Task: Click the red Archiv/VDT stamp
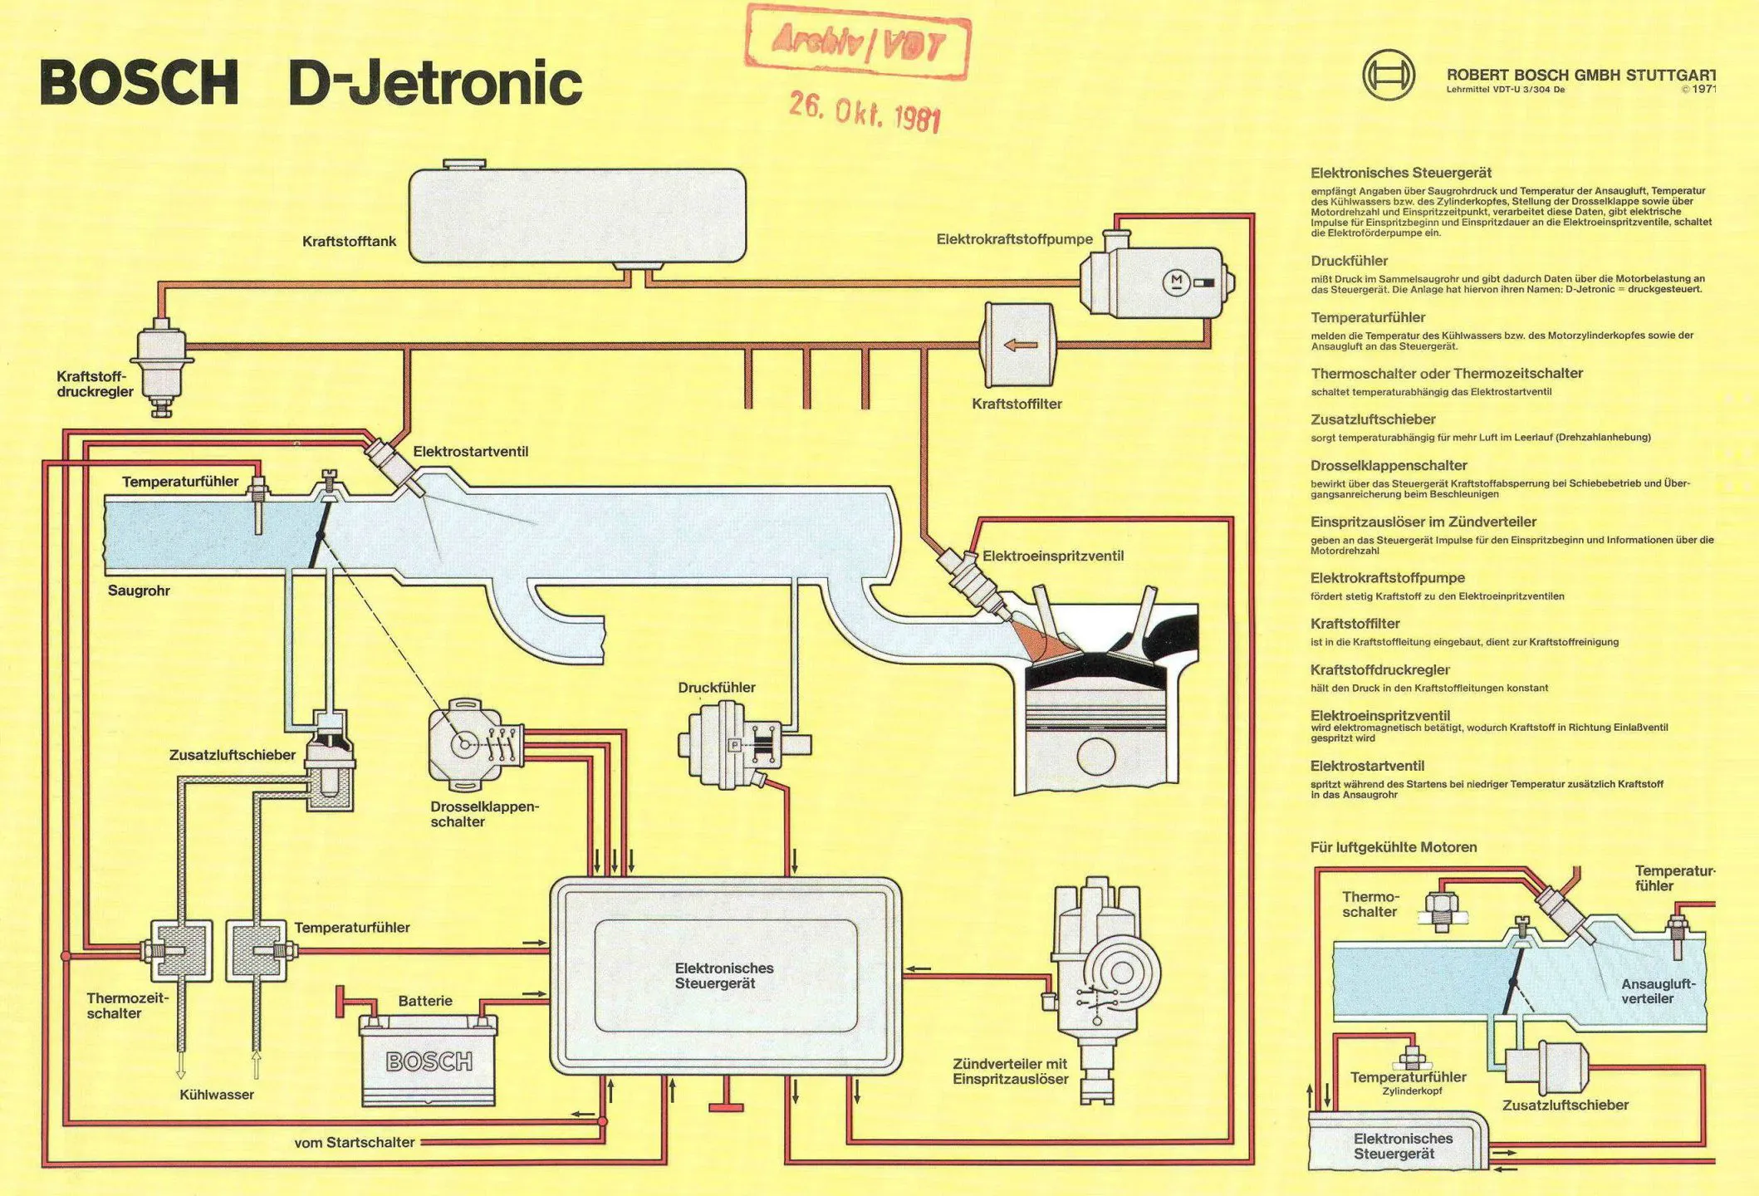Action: tap(858, 42)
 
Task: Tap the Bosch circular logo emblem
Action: tap(1388, 75)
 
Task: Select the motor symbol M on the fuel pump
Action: tap(1175, 282)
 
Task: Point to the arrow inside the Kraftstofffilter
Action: tap(1021, 345)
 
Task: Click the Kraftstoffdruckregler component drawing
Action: tap(162, 365)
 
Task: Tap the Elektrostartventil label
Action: tap(470, 452)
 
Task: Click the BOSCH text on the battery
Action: tap(429, 1061)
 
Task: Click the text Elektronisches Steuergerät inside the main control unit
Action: tap(723, 976)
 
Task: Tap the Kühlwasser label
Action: tap(216, 1095)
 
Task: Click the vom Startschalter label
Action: tap(354, 1143)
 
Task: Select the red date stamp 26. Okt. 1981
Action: tap(865, 111)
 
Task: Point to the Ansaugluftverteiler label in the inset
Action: tap(1658, 991)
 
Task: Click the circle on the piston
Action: tap(1096, 756)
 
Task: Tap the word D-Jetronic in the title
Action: tap(435, 82)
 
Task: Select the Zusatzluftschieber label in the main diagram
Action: tap(232, 755)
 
